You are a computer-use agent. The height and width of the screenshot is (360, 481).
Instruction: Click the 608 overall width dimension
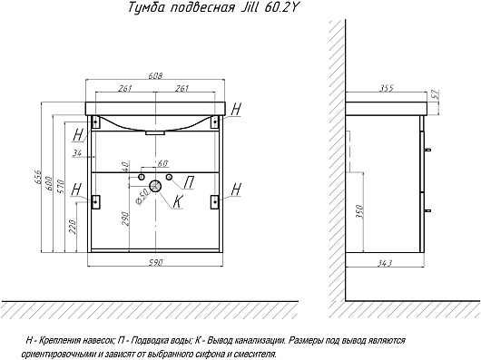(x=156, y=75)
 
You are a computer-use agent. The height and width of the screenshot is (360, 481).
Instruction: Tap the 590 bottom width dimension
(x=156, y=263)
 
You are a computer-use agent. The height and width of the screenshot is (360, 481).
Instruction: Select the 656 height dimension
(x=37, y=178)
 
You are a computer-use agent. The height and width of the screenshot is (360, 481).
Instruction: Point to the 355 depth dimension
(x=387, y=88)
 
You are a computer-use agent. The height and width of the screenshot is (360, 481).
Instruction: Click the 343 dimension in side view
(x=385, y=263)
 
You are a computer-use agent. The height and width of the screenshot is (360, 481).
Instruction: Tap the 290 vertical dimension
(x=125, y=219)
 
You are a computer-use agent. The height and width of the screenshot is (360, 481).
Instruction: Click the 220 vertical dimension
(x=72, y=227)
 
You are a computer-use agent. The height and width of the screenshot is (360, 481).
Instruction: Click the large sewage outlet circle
(x=155, y=186)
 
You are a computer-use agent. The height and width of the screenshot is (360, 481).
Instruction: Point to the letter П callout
(x=189, y=183)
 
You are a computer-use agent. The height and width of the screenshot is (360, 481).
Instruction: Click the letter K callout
(x=178, y=201)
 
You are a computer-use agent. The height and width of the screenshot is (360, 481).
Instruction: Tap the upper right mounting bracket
(x=215, y=122)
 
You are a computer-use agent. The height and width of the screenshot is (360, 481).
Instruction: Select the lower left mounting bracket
(x=95, y=201)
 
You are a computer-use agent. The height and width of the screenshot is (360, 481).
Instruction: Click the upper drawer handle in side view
(x=427, y=150)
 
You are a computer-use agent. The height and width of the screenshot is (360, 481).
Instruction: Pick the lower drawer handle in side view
(x=427, y=210)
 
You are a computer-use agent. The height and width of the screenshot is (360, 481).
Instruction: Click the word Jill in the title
(x=248, y=7)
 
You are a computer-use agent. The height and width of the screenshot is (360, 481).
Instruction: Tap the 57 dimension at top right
(x=436, y=94)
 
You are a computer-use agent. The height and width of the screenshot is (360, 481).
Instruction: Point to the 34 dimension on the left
(x=77, y=152)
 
